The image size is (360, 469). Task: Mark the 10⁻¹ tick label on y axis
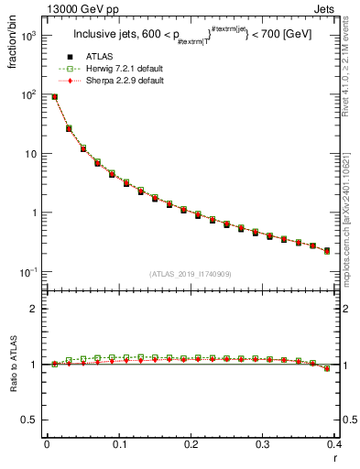pyautogui.click(x=27, y=272)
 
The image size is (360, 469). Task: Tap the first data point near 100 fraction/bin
pyautogui.click(x=54, y=96)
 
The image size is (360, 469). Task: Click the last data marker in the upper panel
pyautogui.click(x=327, y=250)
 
